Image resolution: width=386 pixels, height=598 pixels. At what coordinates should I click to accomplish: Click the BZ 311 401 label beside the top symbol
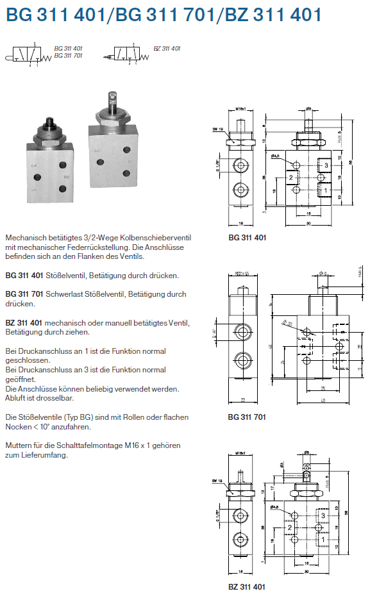[167, 49]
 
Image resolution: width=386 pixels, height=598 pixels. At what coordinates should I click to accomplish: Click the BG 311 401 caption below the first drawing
[247, 238]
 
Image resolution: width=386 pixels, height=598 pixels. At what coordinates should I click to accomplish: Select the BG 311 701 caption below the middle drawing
[247, 417]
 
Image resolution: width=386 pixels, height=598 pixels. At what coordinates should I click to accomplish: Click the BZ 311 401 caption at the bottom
[247, 586]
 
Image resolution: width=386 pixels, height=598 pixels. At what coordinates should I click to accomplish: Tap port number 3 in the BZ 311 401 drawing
[324, 515]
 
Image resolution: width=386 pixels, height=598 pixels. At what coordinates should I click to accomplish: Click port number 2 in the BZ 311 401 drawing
[290, 527]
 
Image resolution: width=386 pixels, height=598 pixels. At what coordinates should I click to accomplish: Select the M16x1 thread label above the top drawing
[241, 109]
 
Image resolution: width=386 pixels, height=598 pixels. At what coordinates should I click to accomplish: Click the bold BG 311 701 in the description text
[24, 294]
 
